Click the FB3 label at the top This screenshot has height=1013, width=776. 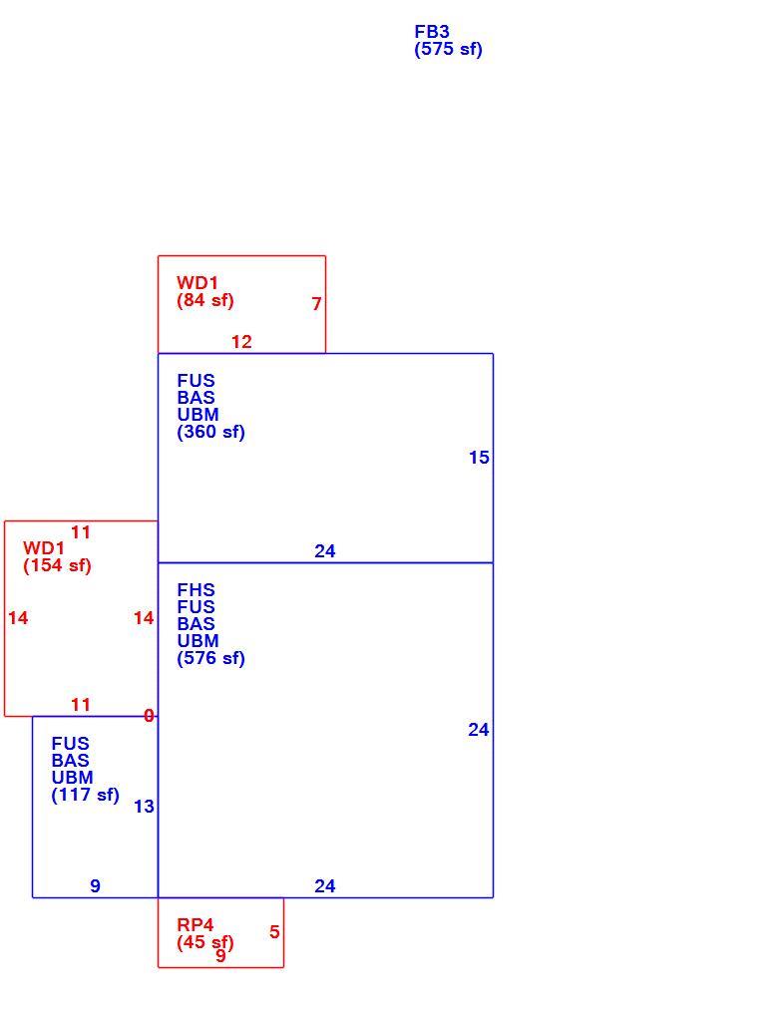tap(432, 32)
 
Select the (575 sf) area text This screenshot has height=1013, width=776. tap(449, 49)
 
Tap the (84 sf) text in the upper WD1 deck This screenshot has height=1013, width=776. tap(205, 300)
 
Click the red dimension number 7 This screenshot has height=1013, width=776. tap(316, 304)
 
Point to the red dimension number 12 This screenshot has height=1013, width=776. tap(241, 342)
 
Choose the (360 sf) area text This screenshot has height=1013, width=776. tap(211, 432)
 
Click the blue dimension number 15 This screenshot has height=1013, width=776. tap(479, 458)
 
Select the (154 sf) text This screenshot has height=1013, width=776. tap(58, 566)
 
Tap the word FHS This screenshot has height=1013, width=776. tap(195, 590)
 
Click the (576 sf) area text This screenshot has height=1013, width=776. tap(211, 658)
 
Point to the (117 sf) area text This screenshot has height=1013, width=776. tap(86, 795)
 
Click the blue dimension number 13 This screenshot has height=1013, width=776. tap(144, 807)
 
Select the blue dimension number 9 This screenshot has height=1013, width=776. tap(95, 885)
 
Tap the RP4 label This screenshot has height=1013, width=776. tap(195, 925)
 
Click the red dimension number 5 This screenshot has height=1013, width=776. tap(274, 932)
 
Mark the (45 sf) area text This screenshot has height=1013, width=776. tap(205, 942)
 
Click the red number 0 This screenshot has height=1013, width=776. tap(149, 716)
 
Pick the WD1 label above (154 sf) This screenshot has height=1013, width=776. tap(44, 548)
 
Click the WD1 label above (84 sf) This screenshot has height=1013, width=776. tap(197, 283)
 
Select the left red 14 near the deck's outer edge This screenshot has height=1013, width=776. tap(18, 618)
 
